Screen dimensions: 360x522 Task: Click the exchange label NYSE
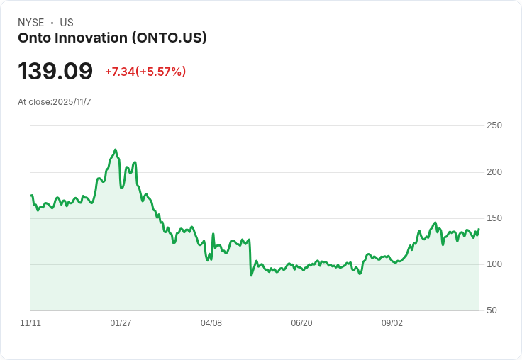30,23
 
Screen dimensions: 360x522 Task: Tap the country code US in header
67,23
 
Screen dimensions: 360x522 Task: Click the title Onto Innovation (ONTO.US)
112,38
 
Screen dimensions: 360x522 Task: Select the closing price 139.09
55,72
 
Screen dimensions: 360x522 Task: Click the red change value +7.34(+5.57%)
145,72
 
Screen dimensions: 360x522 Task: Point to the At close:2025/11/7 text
55,102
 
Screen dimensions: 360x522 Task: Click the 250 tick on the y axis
494,125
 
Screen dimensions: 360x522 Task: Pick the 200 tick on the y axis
494,172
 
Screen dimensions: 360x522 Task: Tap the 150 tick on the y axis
494,218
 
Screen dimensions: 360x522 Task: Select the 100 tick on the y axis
494,264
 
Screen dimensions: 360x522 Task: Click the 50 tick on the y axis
492,310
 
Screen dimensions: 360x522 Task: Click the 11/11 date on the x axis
30,323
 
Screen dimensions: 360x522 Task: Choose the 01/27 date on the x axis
121,323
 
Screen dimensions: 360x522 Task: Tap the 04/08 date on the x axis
211,323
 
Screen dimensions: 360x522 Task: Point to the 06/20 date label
301,323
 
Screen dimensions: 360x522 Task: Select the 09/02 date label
392,323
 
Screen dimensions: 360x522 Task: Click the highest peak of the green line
115,150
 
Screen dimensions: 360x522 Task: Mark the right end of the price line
479,229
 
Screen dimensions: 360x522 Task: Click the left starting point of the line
31,195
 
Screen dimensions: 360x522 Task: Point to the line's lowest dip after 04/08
251,275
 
